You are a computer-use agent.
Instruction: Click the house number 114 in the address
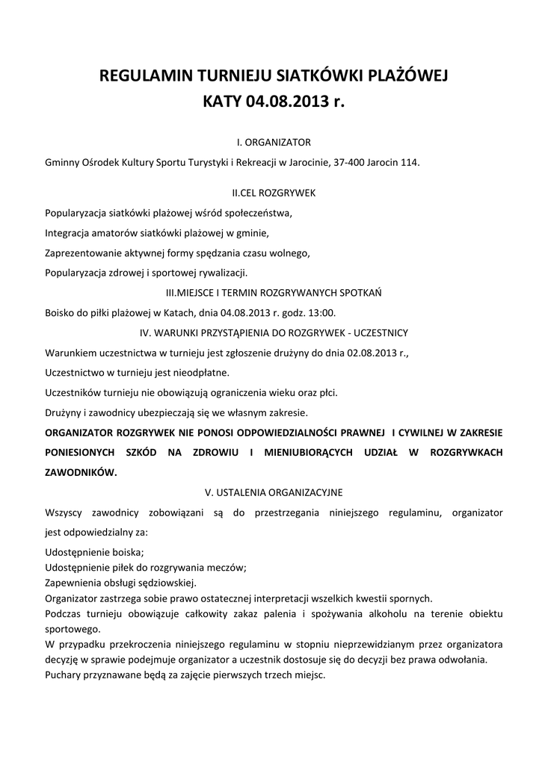[x=410, y=162]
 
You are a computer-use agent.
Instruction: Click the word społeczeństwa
[x=258, y=213]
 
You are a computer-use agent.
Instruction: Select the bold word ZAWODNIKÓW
[x=81, y=472]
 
